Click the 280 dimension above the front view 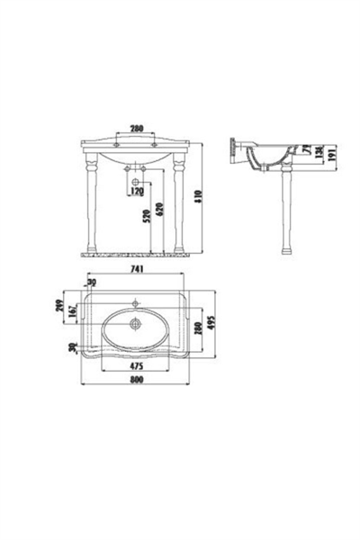coord(135,127)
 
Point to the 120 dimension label coord(138,192)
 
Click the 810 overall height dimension coord(209,195)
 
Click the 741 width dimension coord(136,269)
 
